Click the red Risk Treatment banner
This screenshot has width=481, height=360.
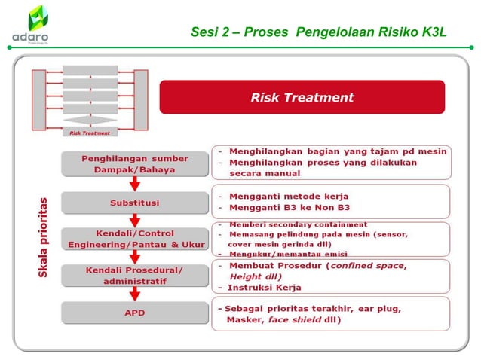(302, 97)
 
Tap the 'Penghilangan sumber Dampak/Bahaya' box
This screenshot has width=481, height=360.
(135, 163)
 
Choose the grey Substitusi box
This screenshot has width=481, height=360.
(135, 203)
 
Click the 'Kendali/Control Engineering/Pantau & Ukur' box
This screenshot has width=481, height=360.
(135, 238)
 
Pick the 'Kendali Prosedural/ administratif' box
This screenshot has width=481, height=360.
(135, 275)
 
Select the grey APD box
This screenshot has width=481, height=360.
(135, 312)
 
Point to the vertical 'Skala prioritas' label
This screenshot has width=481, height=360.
(44, 236)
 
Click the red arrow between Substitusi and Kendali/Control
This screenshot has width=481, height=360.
(135, 220)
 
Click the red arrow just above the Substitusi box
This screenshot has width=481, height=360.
(135, 183)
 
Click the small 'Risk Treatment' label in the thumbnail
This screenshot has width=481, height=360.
(90, 133)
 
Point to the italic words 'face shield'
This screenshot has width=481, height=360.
(290, 319)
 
